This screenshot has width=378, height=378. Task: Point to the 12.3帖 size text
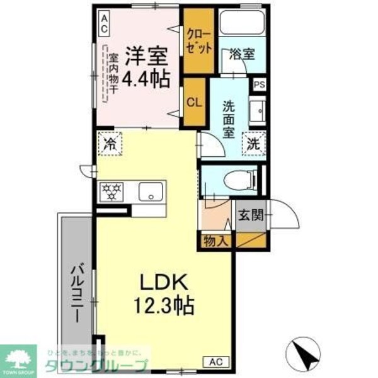coord(163,306)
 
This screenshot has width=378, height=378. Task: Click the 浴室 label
coord(243,54)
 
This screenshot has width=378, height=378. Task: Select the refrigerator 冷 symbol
coord(109,144)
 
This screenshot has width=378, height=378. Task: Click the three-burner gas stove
coord(113,191)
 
